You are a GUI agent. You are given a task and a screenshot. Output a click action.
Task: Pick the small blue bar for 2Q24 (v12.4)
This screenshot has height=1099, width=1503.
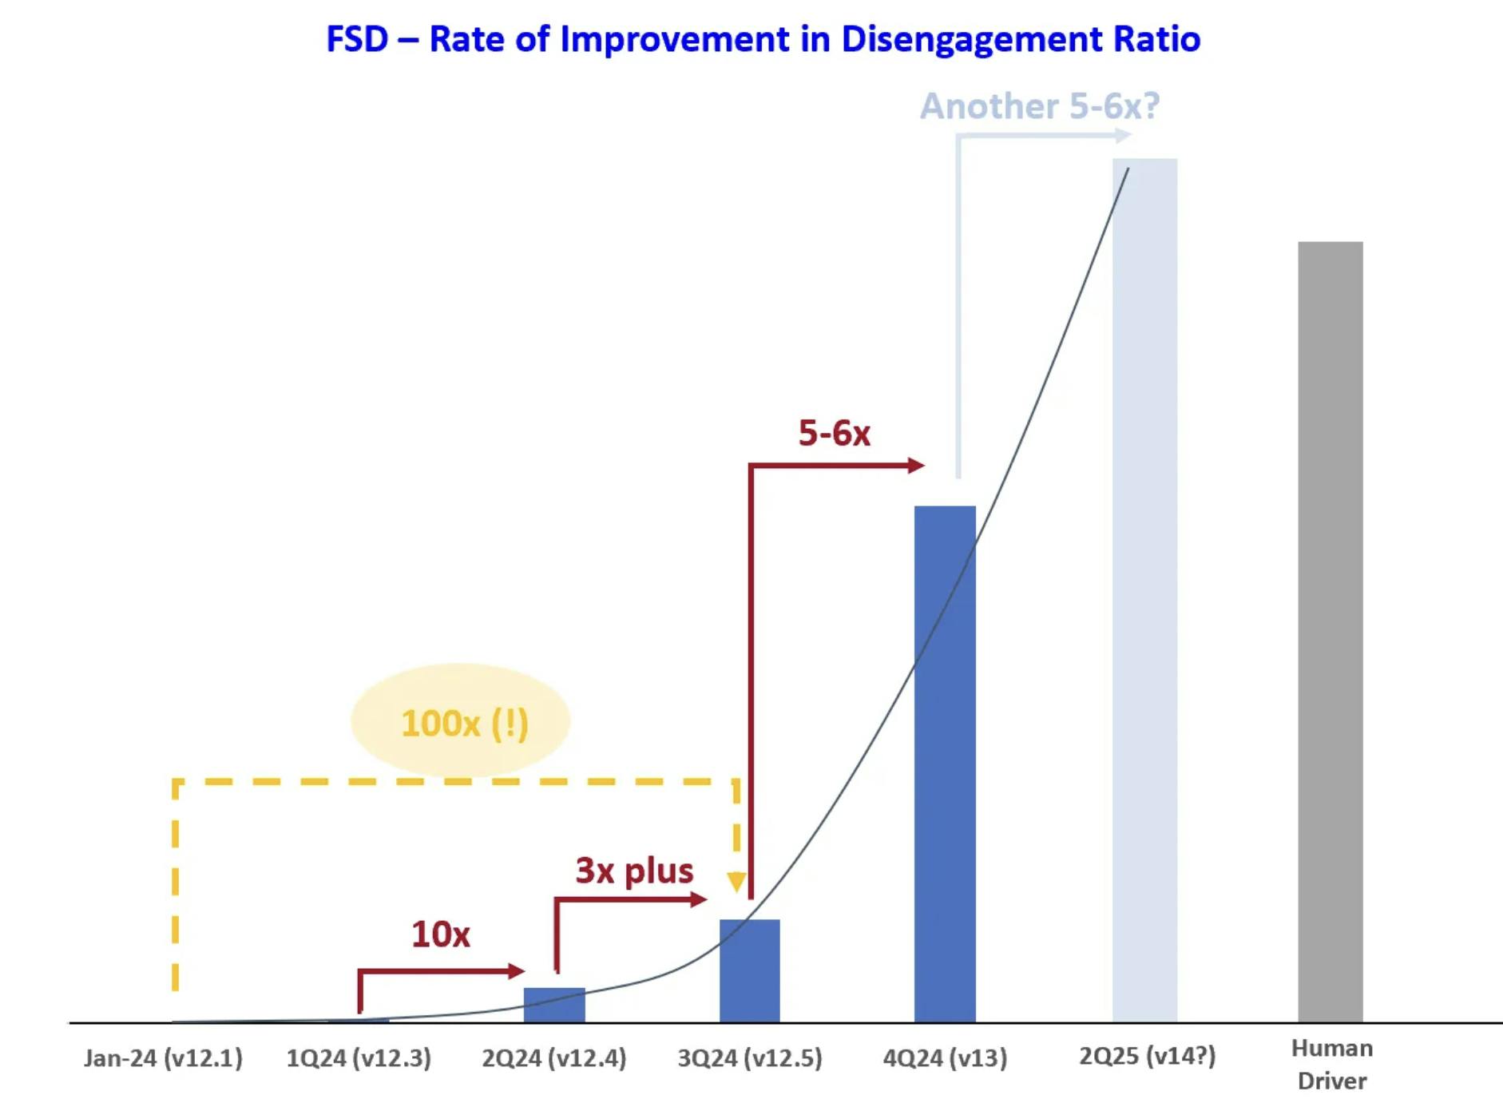554,1005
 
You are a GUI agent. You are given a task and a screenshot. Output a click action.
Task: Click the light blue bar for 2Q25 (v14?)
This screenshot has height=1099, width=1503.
1144,591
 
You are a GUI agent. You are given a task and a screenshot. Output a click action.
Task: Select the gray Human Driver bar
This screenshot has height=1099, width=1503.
1330,631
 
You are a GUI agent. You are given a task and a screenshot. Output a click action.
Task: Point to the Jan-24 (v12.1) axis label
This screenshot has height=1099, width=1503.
163,1058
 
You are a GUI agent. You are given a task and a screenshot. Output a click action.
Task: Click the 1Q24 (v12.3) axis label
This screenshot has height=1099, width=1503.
359,1058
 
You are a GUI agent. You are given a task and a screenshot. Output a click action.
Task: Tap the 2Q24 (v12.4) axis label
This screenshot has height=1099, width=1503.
554,1058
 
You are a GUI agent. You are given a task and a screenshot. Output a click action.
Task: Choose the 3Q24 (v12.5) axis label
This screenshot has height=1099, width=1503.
750,1058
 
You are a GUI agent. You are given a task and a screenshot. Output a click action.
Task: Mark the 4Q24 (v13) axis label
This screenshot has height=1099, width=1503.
945,1058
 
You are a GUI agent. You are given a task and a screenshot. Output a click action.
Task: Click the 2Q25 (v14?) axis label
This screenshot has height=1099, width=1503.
1147,1056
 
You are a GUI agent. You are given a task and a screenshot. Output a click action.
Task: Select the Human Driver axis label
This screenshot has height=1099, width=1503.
1331,1064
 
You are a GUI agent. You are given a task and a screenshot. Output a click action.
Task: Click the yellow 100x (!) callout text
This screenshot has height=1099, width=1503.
464,724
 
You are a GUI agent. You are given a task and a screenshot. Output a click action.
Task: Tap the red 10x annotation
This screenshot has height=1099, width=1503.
441,934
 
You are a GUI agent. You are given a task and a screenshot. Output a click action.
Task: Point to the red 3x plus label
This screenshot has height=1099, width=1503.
634,871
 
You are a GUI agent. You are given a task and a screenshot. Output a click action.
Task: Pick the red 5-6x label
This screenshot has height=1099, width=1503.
834,433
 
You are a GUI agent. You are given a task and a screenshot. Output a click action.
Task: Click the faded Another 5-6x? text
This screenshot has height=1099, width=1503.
1039,106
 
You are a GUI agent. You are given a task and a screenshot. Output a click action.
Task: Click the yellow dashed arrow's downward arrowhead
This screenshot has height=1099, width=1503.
736,882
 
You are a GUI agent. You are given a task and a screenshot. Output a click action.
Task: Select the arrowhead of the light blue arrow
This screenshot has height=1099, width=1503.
1123,136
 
